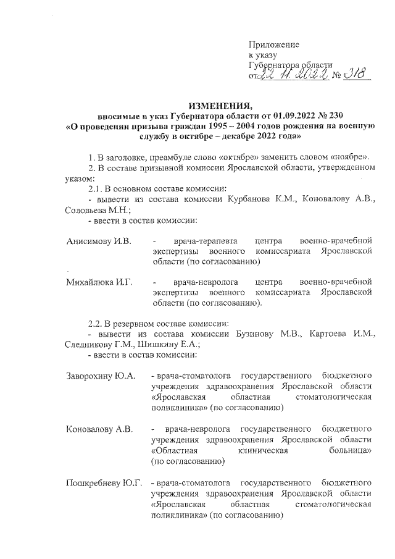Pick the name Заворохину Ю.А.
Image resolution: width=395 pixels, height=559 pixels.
[101, 376]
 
